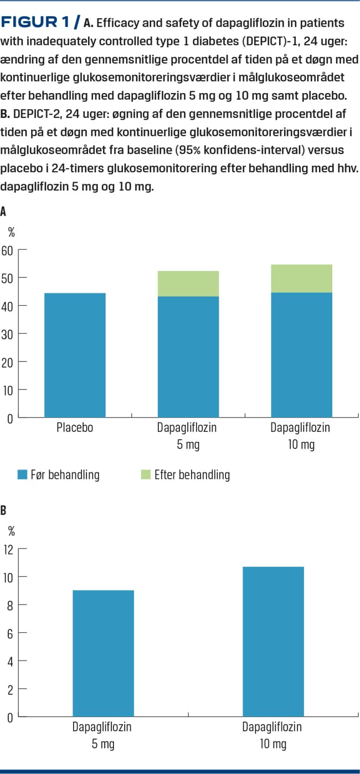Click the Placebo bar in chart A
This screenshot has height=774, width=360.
click(75, 355)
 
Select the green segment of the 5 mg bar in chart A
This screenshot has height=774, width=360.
click(188, 283)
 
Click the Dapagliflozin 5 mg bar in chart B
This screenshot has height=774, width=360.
click(103, 653)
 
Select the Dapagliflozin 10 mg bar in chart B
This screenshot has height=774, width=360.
click(272, 642)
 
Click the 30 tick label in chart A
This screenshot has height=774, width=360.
click(7, 334)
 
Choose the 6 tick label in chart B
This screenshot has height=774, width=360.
click(9, 633)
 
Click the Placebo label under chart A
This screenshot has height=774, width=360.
click(75, 427)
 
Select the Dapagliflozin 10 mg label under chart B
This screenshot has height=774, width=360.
click(272, 735)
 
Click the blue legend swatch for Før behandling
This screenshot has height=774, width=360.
click(22, 474)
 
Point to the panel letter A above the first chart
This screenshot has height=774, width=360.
click(4, 211)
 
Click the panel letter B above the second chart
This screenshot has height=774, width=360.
click(4, 510)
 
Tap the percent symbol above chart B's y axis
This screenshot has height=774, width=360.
click(11, 532)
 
